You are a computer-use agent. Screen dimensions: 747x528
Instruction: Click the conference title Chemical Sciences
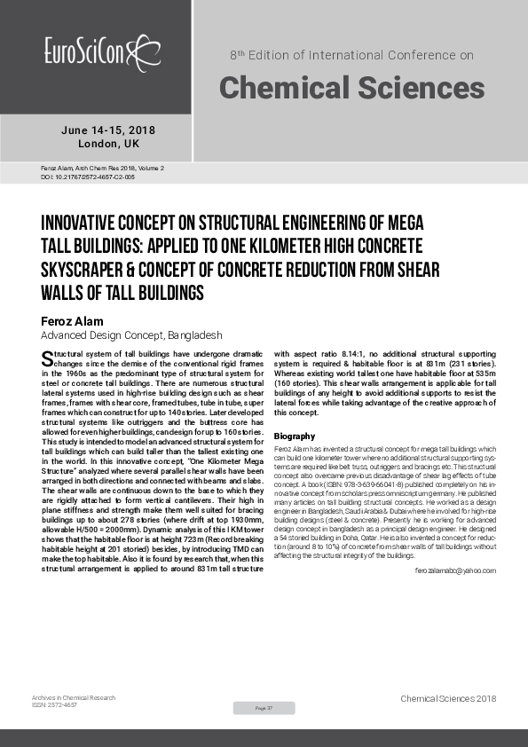coord(351,87)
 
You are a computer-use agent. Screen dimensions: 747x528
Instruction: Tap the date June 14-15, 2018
coord(108,130)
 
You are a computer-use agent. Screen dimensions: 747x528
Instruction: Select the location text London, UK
coord(108,144)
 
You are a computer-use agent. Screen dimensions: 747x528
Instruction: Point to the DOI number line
coord(88,177)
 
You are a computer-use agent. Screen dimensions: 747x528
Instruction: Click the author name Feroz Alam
coord(74,320)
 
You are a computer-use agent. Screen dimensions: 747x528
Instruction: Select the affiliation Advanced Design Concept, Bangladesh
coord(131,336)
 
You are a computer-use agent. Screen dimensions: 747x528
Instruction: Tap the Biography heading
coord(294,436)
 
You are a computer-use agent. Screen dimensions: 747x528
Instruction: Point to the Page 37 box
coord(264,708)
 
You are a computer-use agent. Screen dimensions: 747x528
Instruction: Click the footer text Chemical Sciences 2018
coord(448,699)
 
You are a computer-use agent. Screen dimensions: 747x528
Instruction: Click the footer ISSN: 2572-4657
coord(54,704)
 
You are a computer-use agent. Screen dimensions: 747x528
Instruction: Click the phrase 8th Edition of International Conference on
coord(351,55)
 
